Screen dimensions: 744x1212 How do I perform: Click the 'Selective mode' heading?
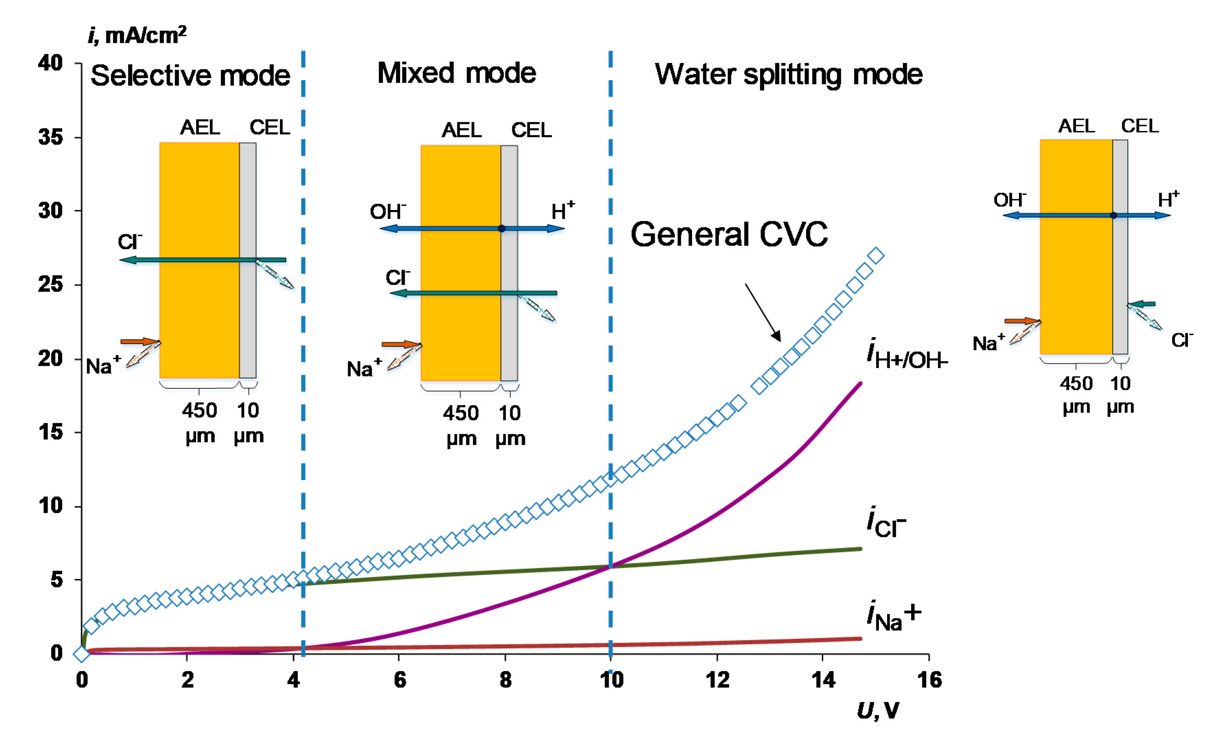click(x=190, y=76)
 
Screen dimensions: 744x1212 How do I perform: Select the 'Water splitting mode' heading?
click(x=789, y=75)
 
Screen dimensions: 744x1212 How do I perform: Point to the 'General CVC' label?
click(x=729, y=234)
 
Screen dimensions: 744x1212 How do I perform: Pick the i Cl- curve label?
click(x=886, y=522)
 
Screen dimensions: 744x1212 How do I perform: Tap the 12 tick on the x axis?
click(x=717, y=680)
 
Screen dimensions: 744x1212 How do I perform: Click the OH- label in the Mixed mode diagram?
click(x=388, y=212)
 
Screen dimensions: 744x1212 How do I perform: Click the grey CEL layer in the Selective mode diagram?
click(x=248, y=260)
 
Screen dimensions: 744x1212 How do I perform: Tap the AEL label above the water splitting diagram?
click(x=1077, y=126)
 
